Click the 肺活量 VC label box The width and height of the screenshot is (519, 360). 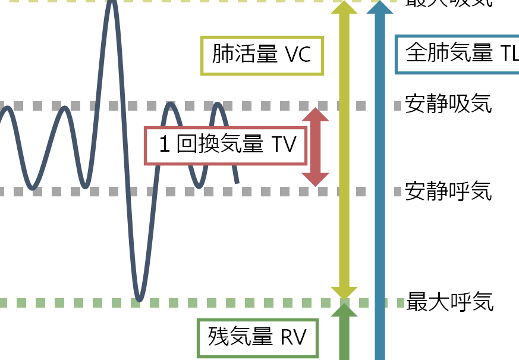[262, 56]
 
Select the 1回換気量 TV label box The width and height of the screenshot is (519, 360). [226, 145]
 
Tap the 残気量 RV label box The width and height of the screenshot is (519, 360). [257, 337]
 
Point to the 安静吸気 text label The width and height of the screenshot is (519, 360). [448, 104]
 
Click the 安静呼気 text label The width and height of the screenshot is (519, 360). [448, 192]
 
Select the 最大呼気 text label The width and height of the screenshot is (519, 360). [449, 302]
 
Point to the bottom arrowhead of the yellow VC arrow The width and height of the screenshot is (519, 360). [344, 292]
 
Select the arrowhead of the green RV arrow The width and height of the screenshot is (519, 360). [344, 310]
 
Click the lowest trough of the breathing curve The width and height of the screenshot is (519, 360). [139, 299]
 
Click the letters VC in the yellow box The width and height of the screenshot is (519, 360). [298, 56]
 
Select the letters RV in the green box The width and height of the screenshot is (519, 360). [292, 337]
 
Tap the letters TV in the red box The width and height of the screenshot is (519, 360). [284, 145]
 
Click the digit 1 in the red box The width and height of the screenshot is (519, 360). [165, 145]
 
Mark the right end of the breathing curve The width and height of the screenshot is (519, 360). [237, 182]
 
